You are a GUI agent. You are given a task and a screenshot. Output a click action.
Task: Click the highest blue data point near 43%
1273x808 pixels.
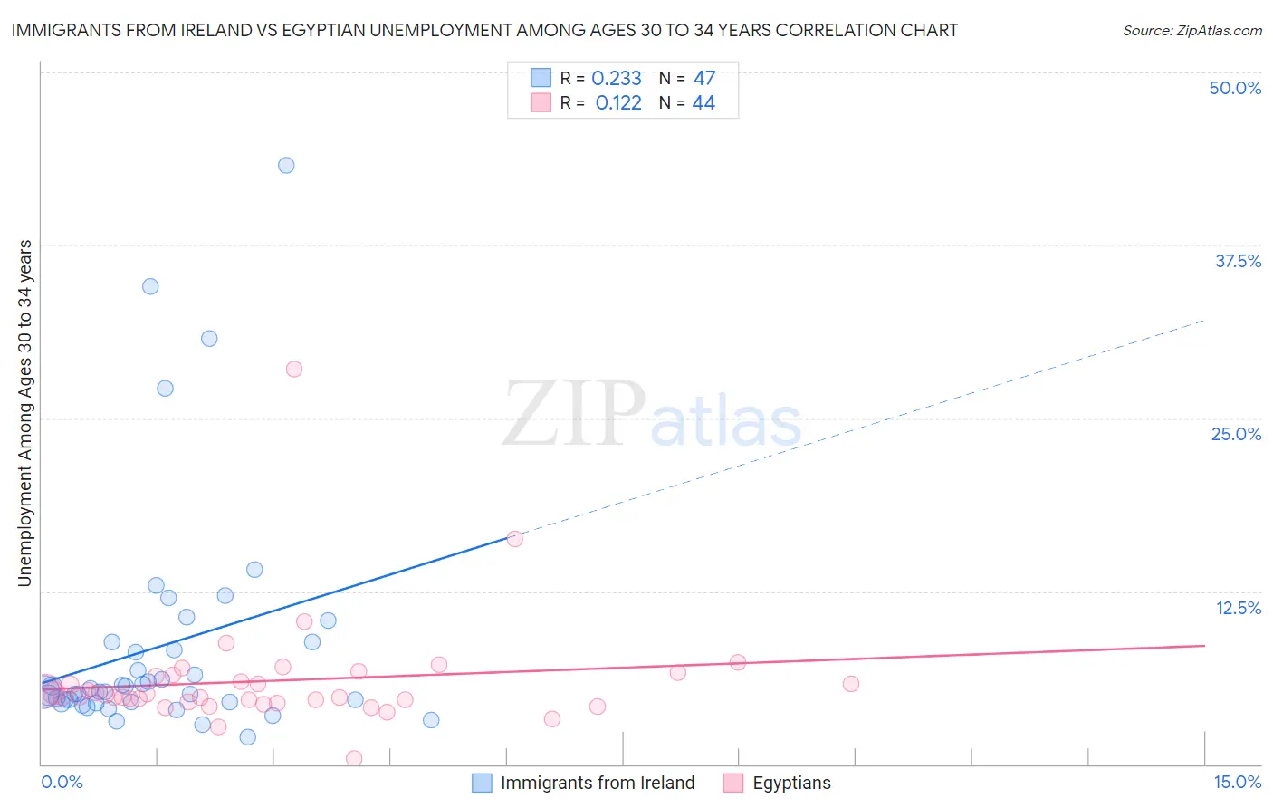[286, 165]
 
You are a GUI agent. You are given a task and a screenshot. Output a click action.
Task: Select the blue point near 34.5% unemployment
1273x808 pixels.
[150, 286]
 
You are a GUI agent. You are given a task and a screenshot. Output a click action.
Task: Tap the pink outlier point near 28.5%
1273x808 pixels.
[293, 369]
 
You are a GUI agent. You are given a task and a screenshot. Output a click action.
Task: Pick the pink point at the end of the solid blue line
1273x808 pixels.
[514, 538]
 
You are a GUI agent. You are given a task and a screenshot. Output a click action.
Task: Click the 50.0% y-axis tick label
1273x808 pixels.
[1235, 88]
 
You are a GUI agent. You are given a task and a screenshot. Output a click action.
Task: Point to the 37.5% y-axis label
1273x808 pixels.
[1238, 261]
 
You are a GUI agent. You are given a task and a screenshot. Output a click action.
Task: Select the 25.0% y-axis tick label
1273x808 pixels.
[1236, 434]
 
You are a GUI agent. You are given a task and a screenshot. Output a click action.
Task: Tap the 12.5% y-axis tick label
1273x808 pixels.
[1238, 608]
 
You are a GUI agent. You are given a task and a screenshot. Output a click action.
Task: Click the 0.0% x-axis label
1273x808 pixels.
[62, 782]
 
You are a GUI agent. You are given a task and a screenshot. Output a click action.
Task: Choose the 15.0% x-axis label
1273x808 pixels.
[1237, 782]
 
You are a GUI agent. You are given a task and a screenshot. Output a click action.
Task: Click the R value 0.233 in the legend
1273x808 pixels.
[617, 79]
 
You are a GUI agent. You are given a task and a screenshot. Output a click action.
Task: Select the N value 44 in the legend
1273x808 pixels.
[703, 103]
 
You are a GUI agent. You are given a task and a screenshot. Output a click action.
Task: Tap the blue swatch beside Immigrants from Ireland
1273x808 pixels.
[482, 783]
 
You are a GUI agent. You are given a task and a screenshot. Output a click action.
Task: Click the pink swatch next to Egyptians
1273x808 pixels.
[733, 783]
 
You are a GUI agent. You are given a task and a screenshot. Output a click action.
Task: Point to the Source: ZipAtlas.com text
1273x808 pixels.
[1192, 31]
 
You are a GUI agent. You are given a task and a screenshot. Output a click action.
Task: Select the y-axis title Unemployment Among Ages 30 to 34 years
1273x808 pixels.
[25, 413]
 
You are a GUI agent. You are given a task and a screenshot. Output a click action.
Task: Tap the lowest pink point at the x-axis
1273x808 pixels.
[354, 758]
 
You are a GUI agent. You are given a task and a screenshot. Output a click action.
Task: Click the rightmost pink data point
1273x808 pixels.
[850, 684]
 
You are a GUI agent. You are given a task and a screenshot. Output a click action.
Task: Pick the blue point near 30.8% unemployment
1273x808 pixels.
[209, 339]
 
